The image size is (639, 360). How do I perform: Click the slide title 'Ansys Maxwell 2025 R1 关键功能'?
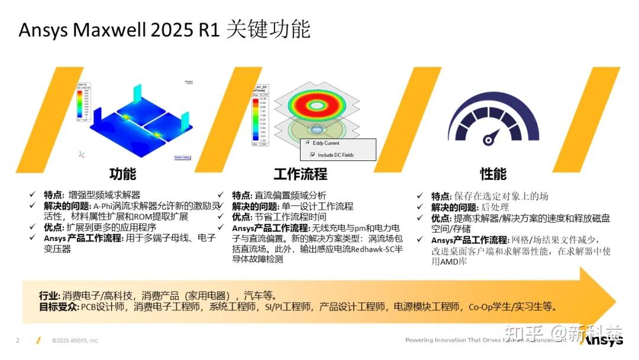click(164, 30)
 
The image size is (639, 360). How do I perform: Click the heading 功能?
click(122, 173)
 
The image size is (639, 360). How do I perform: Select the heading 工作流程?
click(300, 173)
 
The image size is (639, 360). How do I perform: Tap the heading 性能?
click(493, 173)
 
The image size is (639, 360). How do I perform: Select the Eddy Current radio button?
click(308, 143)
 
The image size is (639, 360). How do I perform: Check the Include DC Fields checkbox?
click(312, 155)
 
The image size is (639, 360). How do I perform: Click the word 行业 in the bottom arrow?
click(49, 295)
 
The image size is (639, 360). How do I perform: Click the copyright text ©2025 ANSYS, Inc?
click(75, 340)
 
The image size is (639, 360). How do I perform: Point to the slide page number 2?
click(18, 340)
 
